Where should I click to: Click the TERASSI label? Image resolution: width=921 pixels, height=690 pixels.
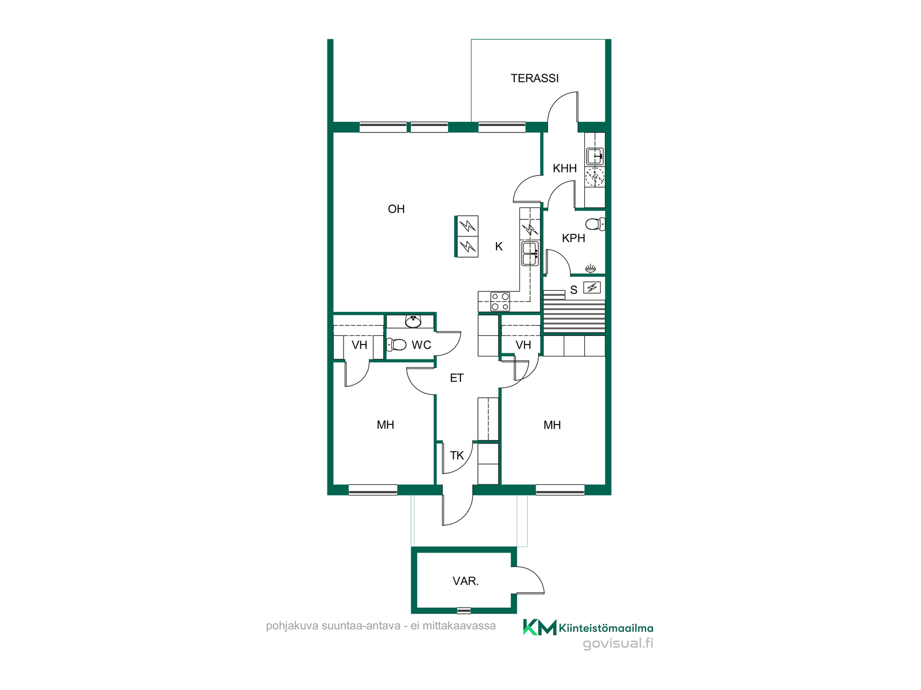click(534, 78)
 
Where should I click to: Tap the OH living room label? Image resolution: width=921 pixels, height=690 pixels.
click(396, 209)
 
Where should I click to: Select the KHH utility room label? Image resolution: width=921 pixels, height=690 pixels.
click(565, 168)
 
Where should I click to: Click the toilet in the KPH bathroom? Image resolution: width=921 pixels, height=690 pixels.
click(595, 224)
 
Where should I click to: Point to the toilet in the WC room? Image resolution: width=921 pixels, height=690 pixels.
click(396, 344)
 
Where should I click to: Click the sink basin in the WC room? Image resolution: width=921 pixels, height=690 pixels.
click(413, 321)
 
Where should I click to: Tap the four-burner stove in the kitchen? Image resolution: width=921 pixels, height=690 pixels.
click(500, 301)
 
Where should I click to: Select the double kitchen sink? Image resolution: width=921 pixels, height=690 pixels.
click(530, 253)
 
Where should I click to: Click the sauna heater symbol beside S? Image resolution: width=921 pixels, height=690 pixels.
click(592, 287)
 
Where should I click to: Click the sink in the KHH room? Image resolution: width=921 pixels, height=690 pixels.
click(595, 156)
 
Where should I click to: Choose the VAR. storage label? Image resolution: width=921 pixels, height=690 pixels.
click(466, 581)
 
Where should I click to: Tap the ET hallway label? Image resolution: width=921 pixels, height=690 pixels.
click(457, 378)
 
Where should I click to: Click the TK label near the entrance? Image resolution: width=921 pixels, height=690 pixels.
click(457, 455)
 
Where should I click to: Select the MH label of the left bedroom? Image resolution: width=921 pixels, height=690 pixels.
click(385, 425)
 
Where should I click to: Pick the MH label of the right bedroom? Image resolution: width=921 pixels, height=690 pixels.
click(552, 425)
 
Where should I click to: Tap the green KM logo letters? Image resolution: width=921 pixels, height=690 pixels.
click(540, 627)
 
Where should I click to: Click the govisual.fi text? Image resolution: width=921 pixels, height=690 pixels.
click(618, 644)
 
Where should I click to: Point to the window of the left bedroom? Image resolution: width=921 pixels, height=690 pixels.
click(373, 490)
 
